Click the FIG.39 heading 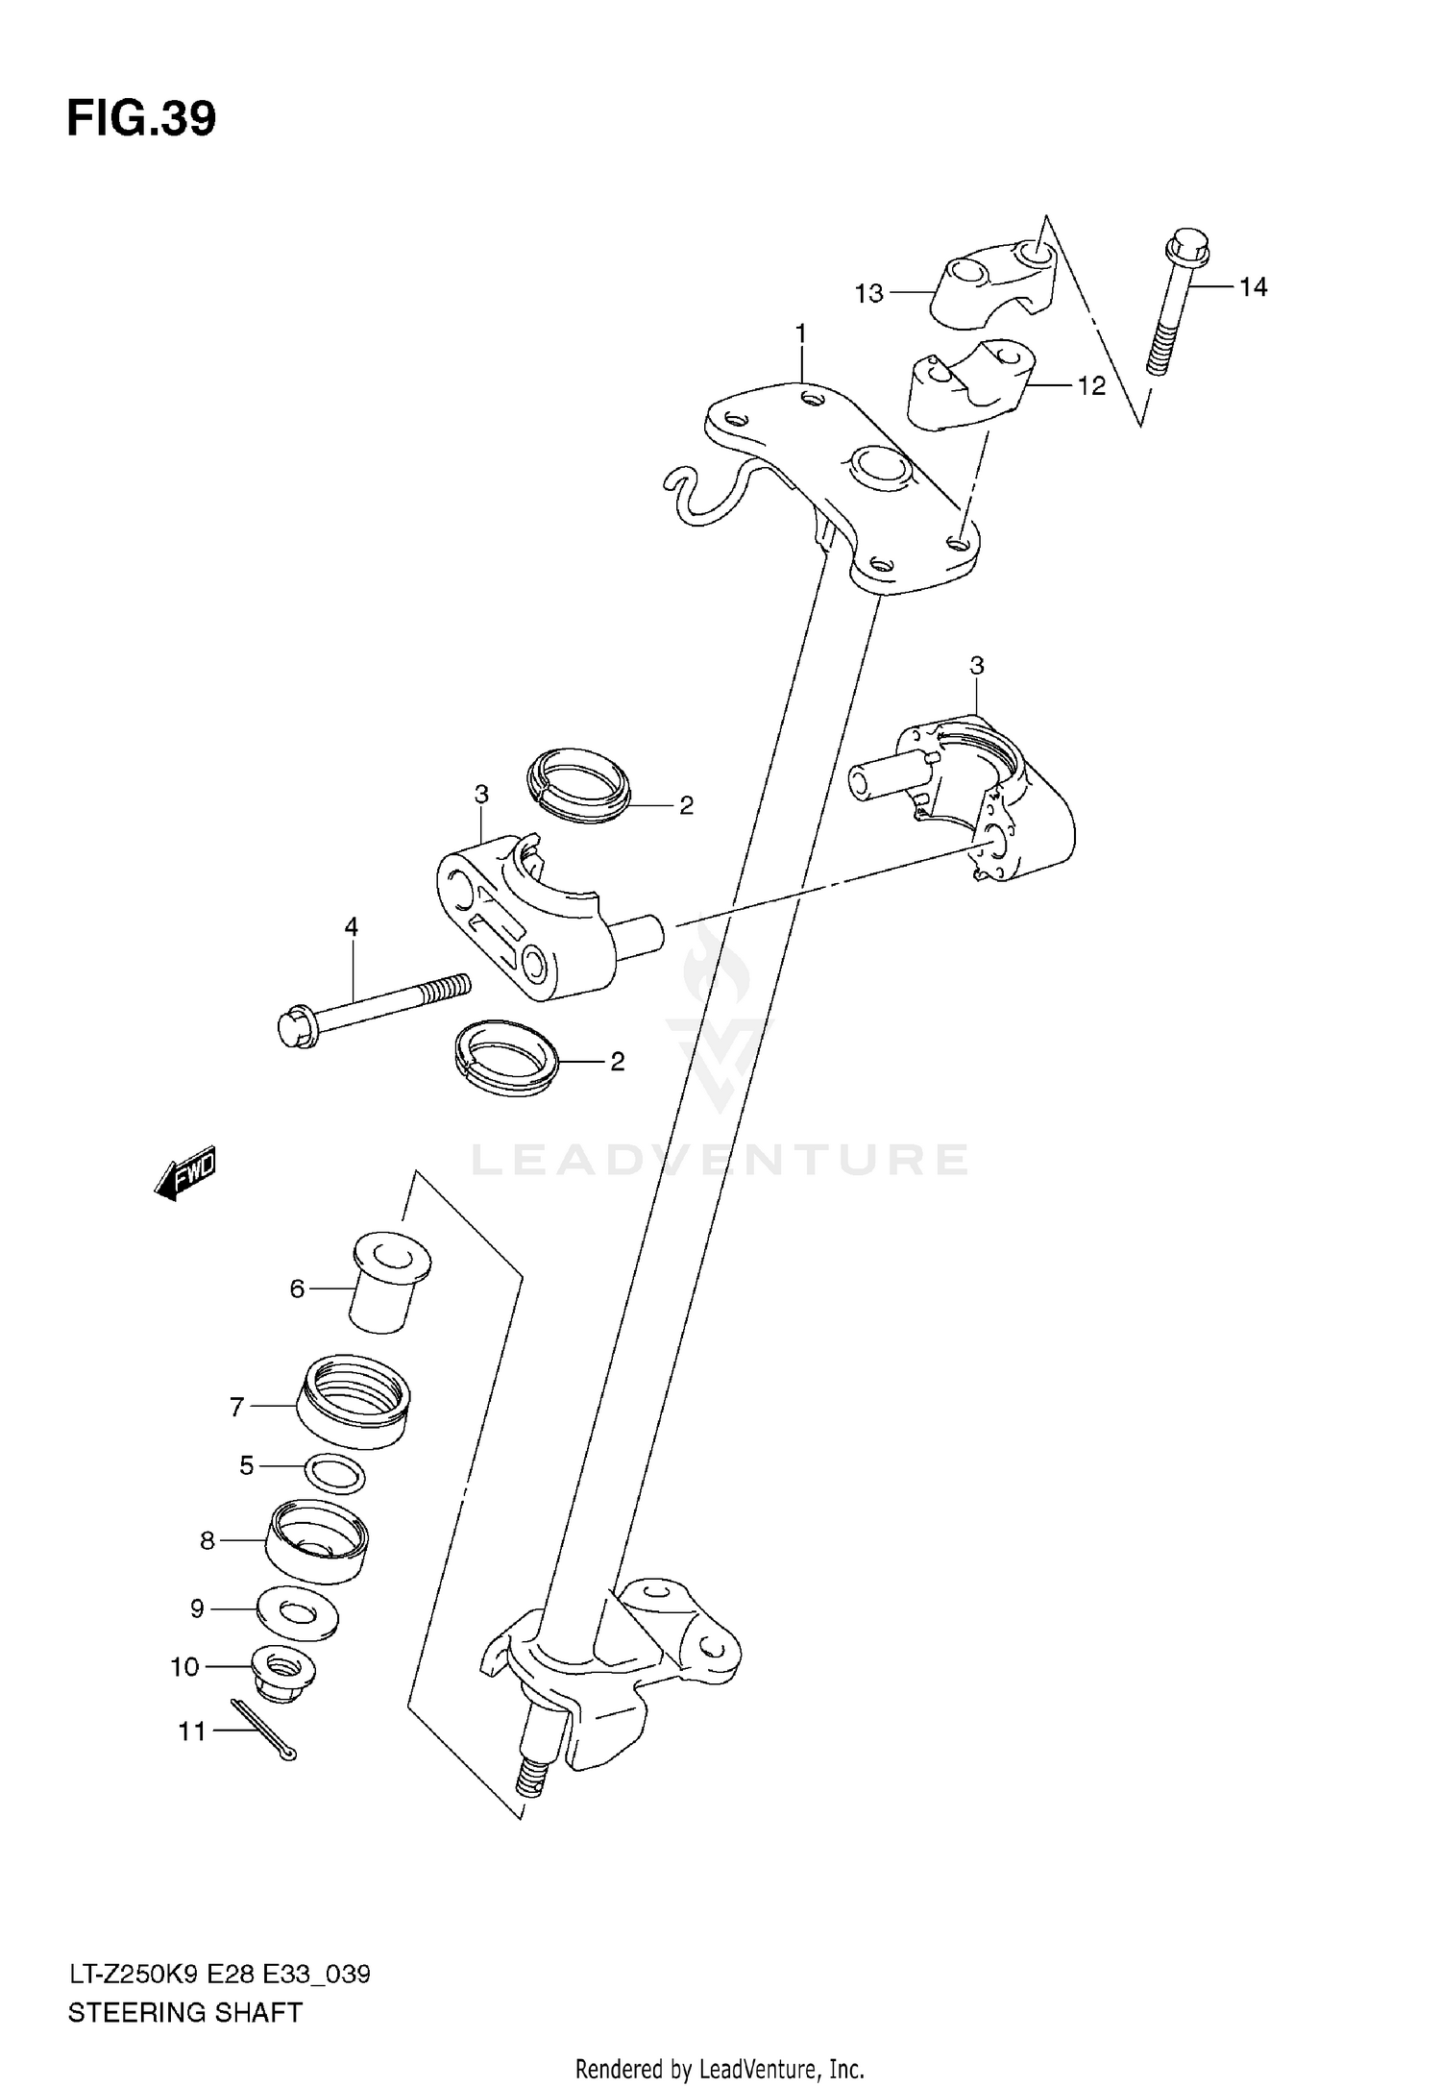[x=141, y=118]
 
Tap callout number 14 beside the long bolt [x=1252, y=286]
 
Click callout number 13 [x=868, y=293]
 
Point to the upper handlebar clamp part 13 [x=994, y=279]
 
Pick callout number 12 [x=1091, y=386]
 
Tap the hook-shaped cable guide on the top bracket [x=694, y=495]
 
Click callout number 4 [x=352, y=927]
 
